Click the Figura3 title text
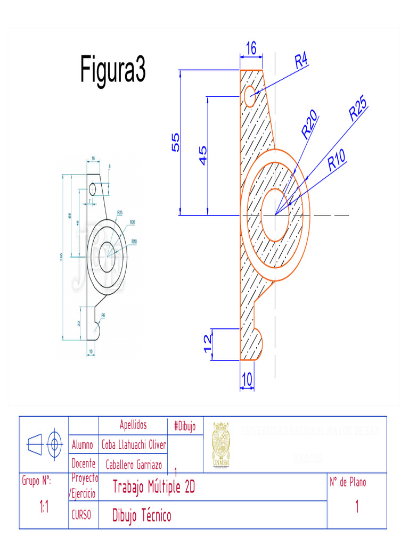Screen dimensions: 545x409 113,70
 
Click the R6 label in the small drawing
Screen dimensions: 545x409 103,315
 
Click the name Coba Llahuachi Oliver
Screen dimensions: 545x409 134,444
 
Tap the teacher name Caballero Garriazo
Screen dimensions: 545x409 134,465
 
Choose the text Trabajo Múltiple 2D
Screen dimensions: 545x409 153,486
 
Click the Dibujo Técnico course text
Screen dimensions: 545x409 142,515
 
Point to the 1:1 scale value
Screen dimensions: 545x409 44,507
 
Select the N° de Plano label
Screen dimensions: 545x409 348,482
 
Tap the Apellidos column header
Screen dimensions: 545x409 133,425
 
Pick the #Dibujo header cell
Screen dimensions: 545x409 185,426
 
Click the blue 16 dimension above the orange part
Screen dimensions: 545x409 251,48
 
